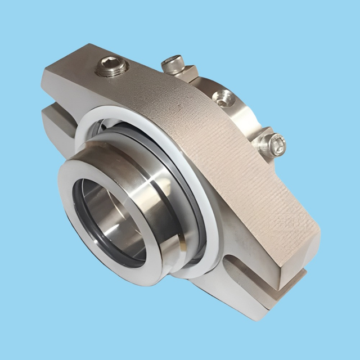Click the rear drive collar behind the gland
pyautogui.click(x=236, y=112)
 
